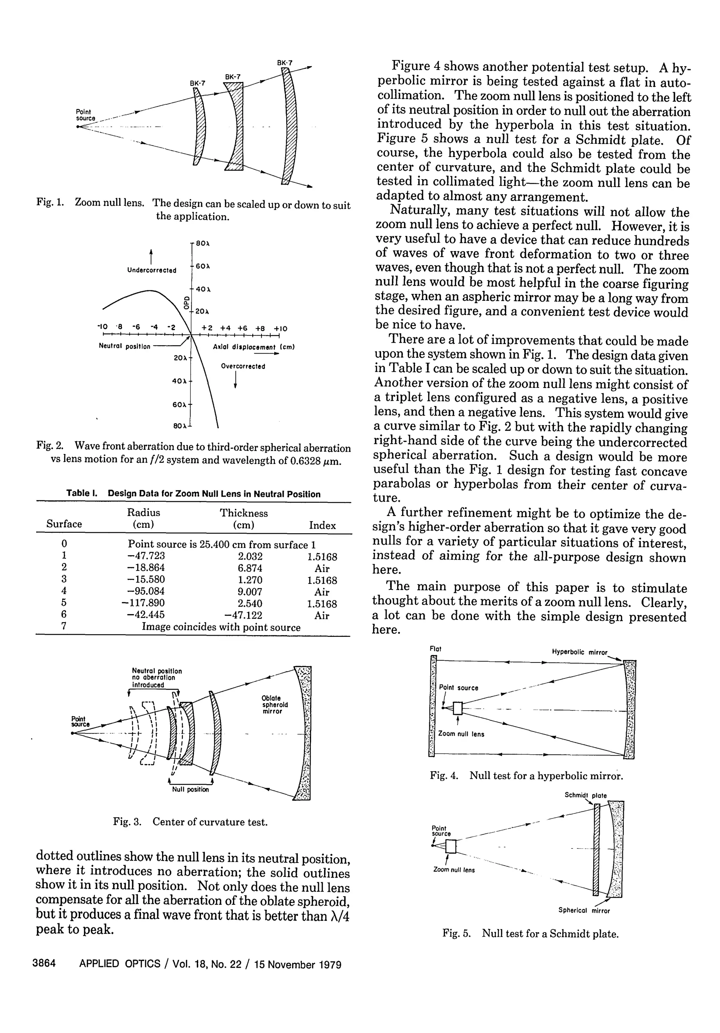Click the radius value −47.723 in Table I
pos(146,556)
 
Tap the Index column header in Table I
pos(322,525)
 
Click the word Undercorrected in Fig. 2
pos(152,270)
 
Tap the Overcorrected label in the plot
pos(243,366)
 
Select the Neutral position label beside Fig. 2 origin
pos(125,347)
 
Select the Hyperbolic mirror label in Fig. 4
pos(579,652)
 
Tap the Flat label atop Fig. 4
pos(435,649)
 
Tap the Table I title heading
pos(193,493)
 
